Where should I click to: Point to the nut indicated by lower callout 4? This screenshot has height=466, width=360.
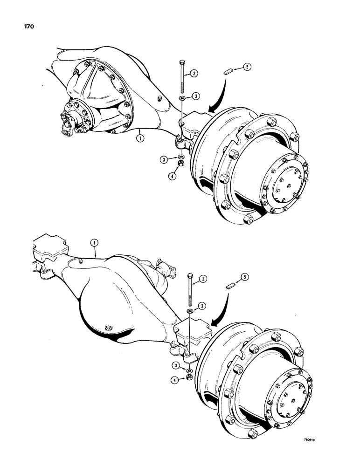(190, 376)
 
